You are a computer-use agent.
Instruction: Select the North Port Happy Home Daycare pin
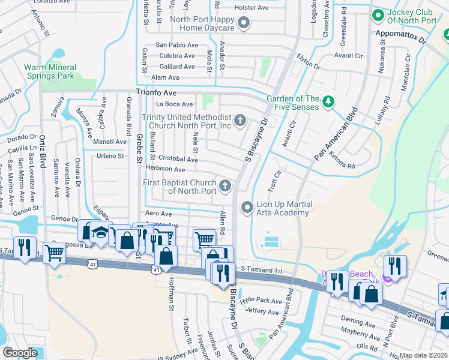click(x=243, y=23)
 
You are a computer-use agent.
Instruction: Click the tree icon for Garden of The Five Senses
click(x=328, y=103)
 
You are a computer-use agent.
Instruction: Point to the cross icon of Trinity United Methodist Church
click(x=240, y=121)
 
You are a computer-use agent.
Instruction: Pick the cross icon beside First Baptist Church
click(x=225, y=186)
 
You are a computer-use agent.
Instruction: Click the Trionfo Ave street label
click(x=156, y=93)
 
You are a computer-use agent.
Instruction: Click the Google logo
click(x=20, y=352)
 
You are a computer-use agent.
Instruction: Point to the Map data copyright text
click(x=423, y=355)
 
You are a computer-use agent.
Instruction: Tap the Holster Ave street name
click(x=252, y=8)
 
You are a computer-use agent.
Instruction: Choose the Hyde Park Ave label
click(x=261, y=301)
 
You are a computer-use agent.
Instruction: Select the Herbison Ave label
click(x=165, y=170)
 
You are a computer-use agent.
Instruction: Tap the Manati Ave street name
click(x=109, y=142)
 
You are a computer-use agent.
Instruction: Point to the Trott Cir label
click(x=276, y=178)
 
